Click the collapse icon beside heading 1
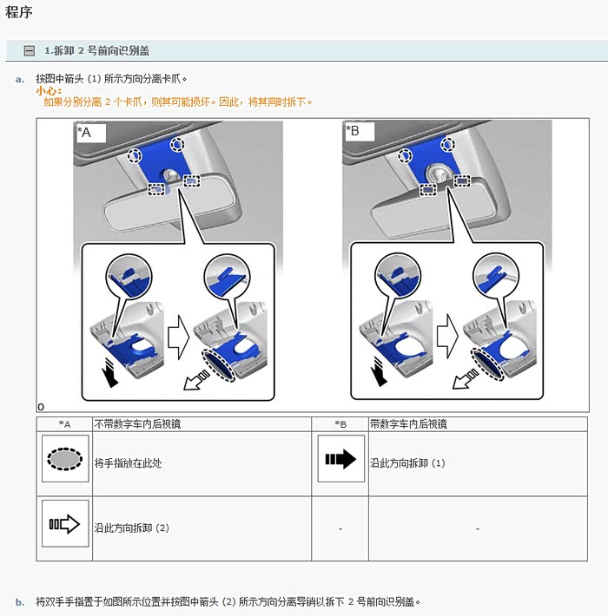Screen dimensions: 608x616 [x=30, y=50]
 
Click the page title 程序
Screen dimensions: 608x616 [x=18, y=12]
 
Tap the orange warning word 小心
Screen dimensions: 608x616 [x=47, y=91]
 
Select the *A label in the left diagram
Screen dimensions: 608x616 [x=84, y=133]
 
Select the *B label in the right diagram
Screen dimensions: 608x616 [x=353, y=130]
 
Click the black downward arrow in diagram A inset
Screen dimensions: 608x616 [x=110, y=374]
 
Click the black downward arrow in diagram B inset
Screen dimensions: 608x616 [x=379, y=371]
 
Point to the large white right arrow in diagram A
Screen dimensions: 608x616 [x=179, y=337]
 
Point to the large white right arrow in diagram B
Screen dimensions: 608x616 [x=447, y=336]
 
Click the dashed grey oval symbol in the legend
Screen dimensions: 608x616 [x=65, y=458]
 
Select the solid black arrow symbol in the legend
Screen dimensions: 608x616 [x=340, y=459]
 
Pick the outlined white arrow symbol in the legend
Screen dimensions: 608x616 [x=64, y=524]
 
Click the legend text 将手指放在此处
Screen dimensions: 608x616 [x=129, y=463]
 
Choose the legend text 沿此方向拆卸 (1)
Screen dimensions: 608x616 [x=407, y=463]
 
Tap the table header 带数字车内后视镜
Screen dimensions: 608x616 [x=408, y=424]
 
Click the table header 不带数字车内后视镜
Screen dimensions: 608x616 [x=137, y=424]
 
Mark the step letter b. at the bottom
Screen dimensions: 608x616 [x=20, y=602]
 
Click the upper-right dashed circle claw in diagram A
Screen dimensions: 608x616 [x=177, y=144]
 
